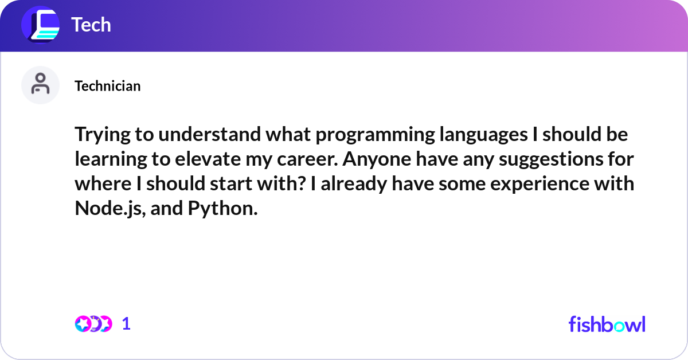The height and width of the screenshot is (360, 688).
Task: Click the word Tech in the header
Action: click(91, 25)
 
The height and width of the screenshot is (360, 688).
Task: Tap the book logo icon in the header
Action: click(40, 25)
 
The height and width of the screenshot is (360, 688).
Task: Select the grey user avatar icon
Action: click(40, 85)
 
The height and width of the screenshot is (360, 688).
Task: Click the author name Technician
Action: click(107, 86)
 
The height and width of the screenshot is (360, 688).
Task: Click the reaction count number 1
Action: click(126, 324)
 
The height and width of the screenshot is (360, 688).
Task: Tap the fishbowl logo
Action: click(607, 324)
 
